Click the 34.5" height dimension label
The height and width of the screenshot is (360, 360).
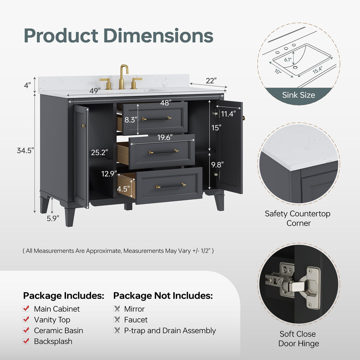click(25, 150)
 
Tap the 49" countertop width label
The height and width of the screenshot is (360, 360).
click(95, 91)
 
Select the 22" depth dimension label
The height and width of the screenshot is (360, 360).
click(211, 81)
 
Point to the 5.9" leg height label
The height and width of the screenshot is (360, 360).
click(53, 218)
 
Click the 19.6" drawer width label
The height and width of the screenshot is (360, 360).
click(165, 137)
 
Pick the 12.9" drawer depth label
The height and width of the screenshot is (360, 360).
click(109, 174)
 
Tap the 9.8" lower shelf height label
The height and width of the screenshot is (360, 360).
click(217, 165)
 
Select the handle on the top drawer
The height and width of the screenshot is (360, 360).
click(156, 119)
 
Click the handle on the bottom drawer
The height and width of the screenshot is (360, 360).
click(171, 186)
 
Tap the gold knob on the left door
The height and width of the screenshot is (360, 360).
click(83, 126)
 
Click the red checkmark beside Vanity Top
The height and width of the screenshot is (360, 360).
click(26, 319)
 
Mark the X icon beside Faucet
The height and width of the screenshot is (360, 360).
click(117, 319)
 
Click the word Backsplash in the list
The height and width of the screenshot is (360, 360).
click(53, 341)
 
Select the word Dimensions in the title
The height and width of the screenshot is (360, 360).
click(159, 36)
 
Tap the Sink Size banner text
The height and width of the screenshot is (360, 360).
click(298, 95)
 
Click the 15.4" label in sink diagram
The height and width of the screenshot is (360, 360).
click(317, 70)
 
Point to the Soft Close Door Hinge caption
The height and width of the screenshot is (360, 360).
click(298, 339)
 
